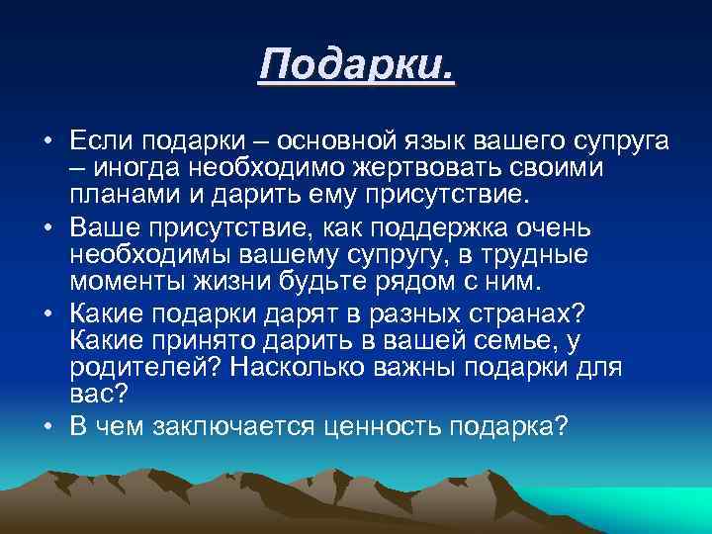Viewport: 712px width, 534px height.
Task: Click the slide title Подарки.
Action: [357, 66]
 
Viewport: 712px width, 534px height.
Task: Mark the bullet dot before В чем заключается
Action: [47, 426]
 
